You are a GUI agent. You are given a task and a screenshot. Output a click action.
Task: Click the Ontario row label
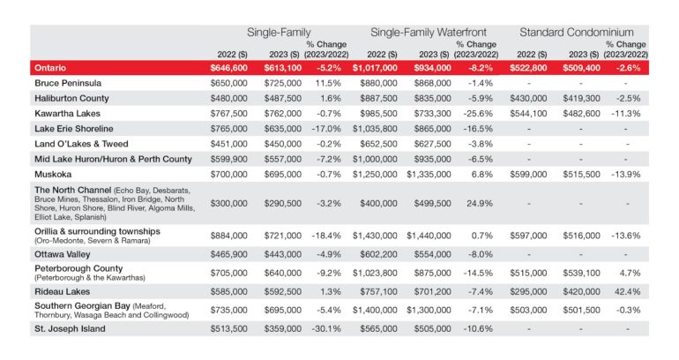[50, 68]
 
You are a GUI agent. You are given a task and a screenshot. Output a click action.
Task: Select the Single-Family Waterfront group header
[429, 33]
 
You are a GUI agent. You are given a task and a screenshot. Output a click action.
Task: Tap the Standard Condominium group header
[577, 33]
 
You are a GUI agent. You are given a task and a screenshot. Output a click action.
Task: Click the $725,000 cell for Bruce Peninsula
[283, 83]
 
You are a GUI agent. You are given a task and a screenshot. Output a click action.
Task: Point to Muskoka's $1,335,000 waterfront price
[429, 175]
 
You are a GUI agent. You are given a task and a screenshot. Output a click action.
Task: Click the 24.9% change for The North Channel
[480, 204]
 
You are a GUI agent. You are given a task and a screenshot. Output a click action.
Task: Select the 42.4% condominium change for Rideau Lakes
[628, 292]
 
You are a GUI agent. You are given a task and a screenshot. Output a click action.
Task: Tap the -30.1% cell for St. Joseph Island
[326, 329]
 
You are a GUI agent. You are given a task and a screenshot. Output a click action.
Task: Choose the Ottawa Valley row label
[63, 255]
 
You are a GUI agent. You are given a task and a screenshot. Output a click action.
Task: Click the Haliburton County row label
[71, 98]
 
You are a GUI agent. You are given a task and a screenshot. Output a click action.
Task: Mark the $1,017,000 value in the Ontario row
[375, 68]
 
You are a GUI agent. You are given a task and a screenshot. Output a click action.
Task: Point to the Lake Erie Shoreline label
[73, 129]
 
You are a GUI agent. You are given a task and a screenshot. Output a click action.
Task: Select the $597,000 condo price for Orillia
[528, 236]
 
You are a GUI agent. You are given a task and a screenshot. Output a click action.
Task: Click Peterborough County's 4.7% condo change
[630, 274]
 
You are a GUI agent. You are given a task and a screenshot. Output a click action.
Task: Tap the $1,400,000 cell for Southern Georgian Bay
[375, 311]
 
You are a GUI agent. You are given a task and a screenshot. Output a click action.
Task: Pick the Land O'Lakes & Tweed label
[81, 144]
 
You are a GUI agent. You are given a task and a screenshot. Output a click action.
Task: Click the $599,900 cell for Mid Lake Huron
[229, 160]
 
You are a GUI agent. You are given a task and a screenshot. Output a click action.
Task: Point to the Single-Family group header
[279, 33]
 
